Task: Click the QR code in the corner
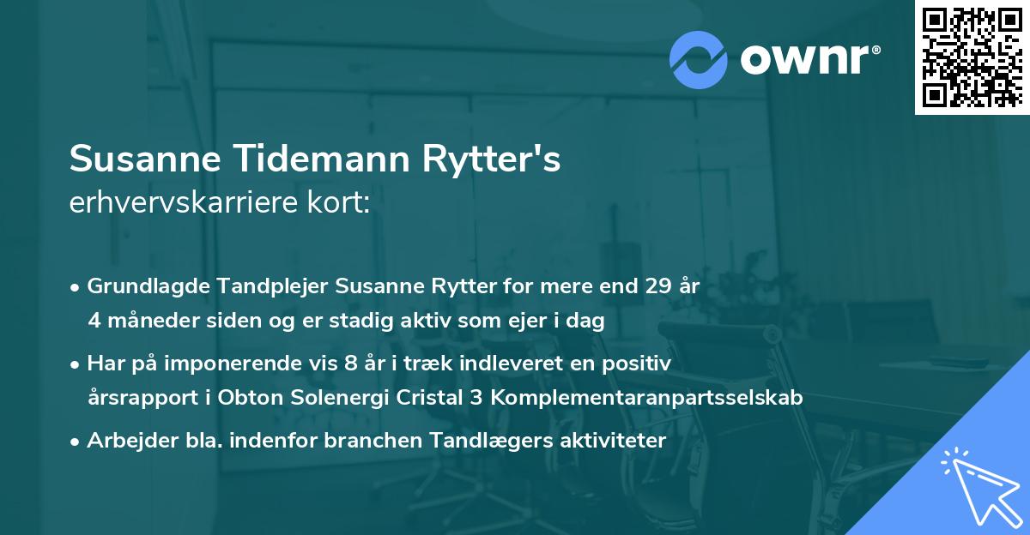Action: (972, 57)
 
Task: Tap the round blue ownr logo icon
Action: (698, 59)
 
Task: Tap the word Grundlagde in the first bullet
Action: (142, 286)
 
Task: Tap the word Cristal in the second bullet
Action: (433, 398)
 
